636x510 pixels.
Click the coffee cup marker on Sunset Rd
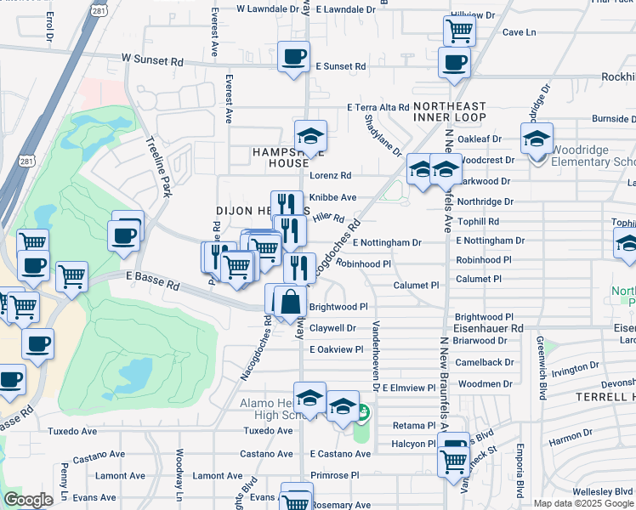[x=294, y=57]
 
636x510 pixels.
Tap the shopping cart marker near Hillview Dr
[x=459, y=31]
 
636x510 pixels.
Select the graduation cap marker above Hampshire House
[x=310, y=137]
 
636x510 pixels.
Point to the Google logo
[x=28, y=500]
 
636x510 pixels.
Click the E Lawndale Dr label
[x=348, y=9]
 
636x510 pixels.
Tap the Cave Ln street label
[x=519, y=32]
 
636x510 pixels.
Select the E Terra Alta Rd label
[x=378, y=107]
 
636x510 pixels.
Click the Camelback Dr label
[x=483, y=362]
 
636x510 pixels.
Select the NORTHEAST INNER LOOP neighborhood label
[x=450, y=110]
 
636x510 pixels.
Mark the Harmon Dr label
[x=571, y=440]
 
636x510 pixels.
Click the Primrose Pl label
[x=336, y=476]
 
